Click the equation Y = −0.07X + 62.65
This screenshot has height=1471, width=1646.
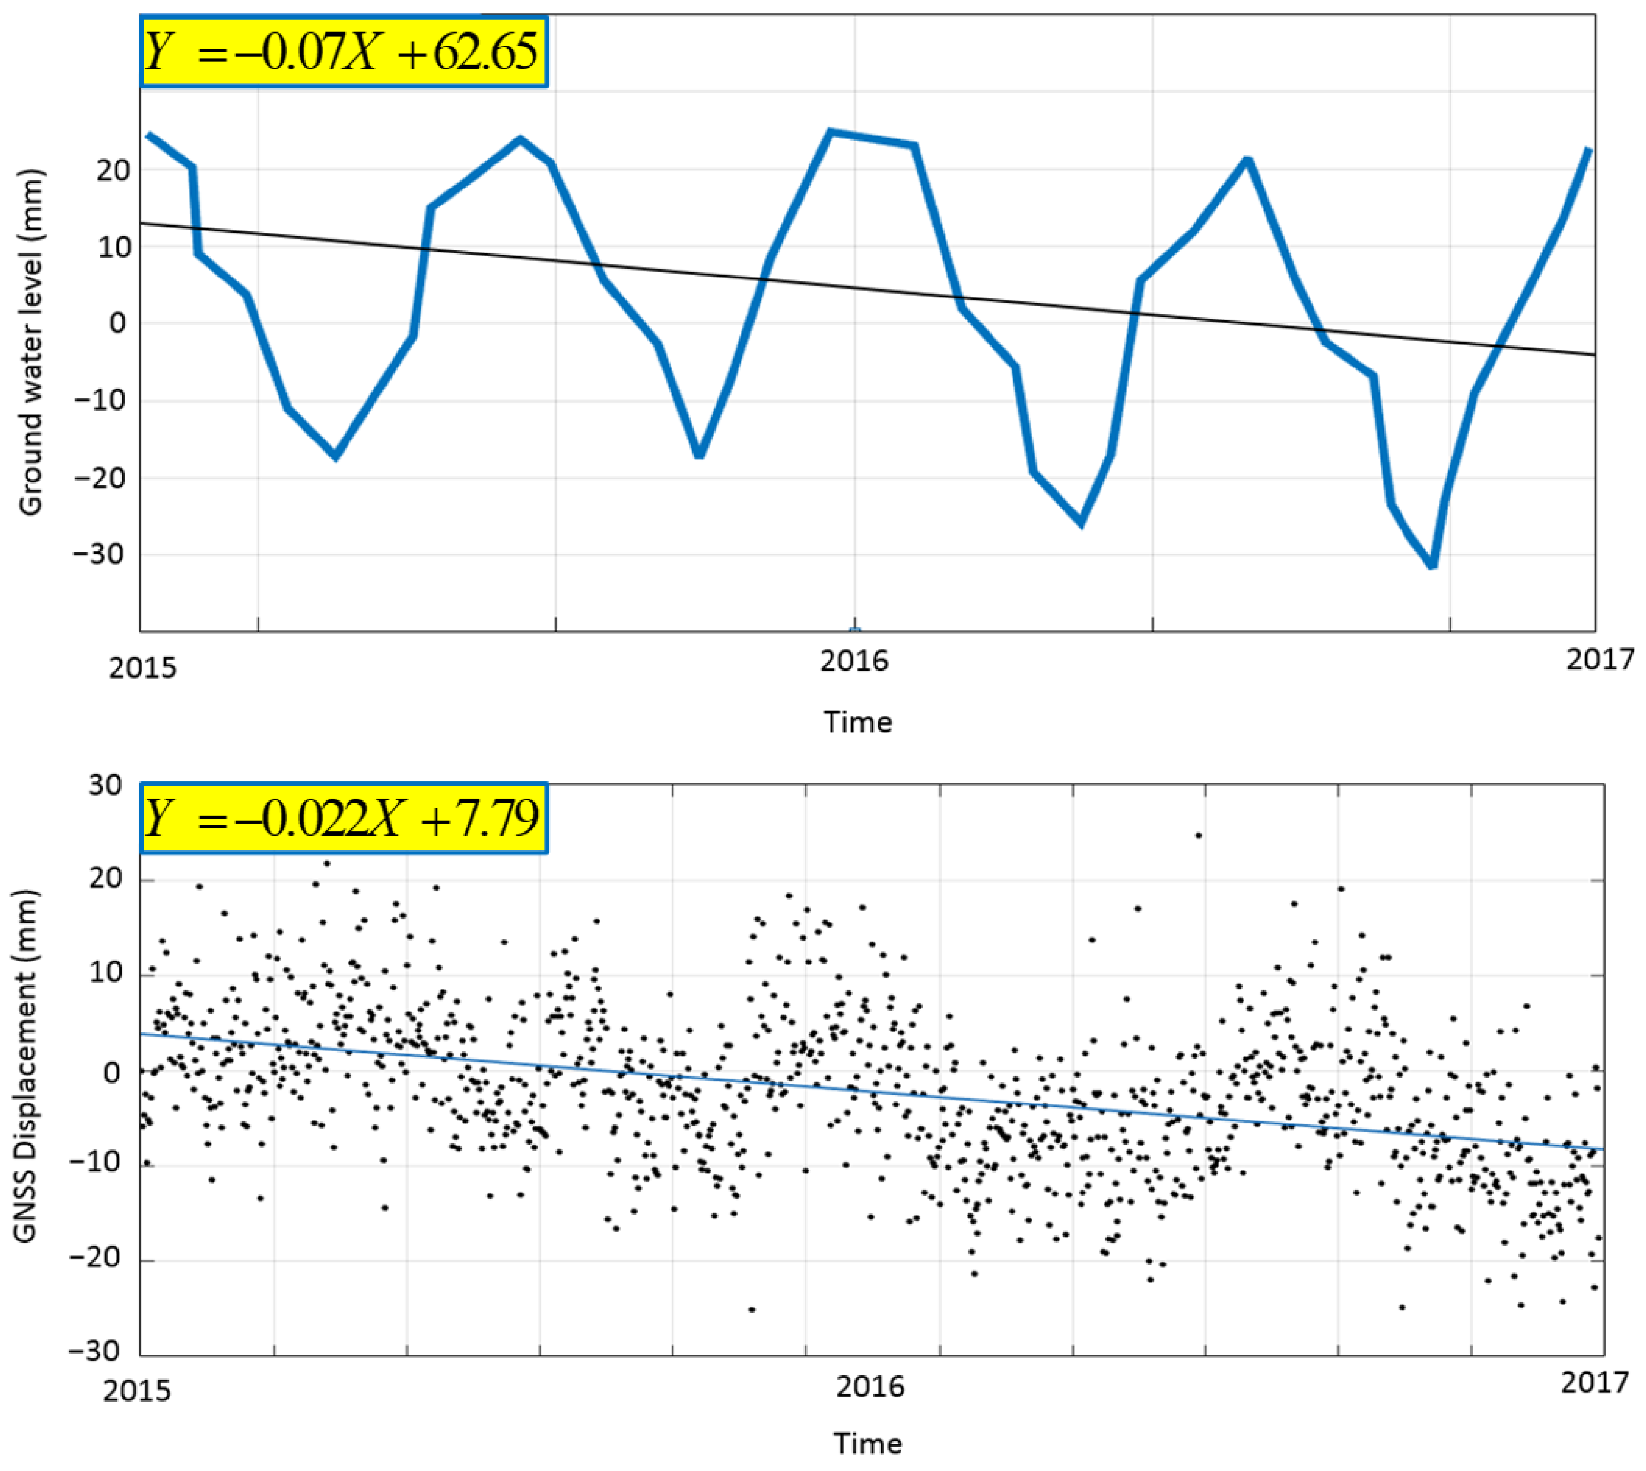[x=344, y=52]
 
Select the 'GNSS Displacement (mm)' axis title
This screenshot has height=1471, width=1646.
[x=26, y=1066]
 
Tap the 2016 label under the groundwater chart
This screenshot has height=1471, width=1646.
[x=853, y=661]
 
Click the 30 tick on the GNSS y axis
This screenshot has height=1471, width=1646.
[x=104, y=785]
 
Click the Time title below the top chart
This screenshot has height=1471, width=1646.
[x=857, y=722]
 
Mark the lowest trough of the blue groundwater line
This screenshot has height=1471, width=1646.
[x=1432, y=564]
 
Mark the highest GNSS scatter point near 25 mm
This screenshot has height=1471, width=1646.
[x=1199, y=835]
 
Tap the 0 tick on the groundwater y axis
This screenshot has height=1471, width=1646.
[x=118, y=323]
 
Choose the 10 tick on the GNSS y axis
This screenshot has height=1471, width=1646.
[x=104, y=973]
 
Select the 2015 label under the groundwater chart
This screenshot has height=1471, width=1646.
[x=142, y=668]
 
